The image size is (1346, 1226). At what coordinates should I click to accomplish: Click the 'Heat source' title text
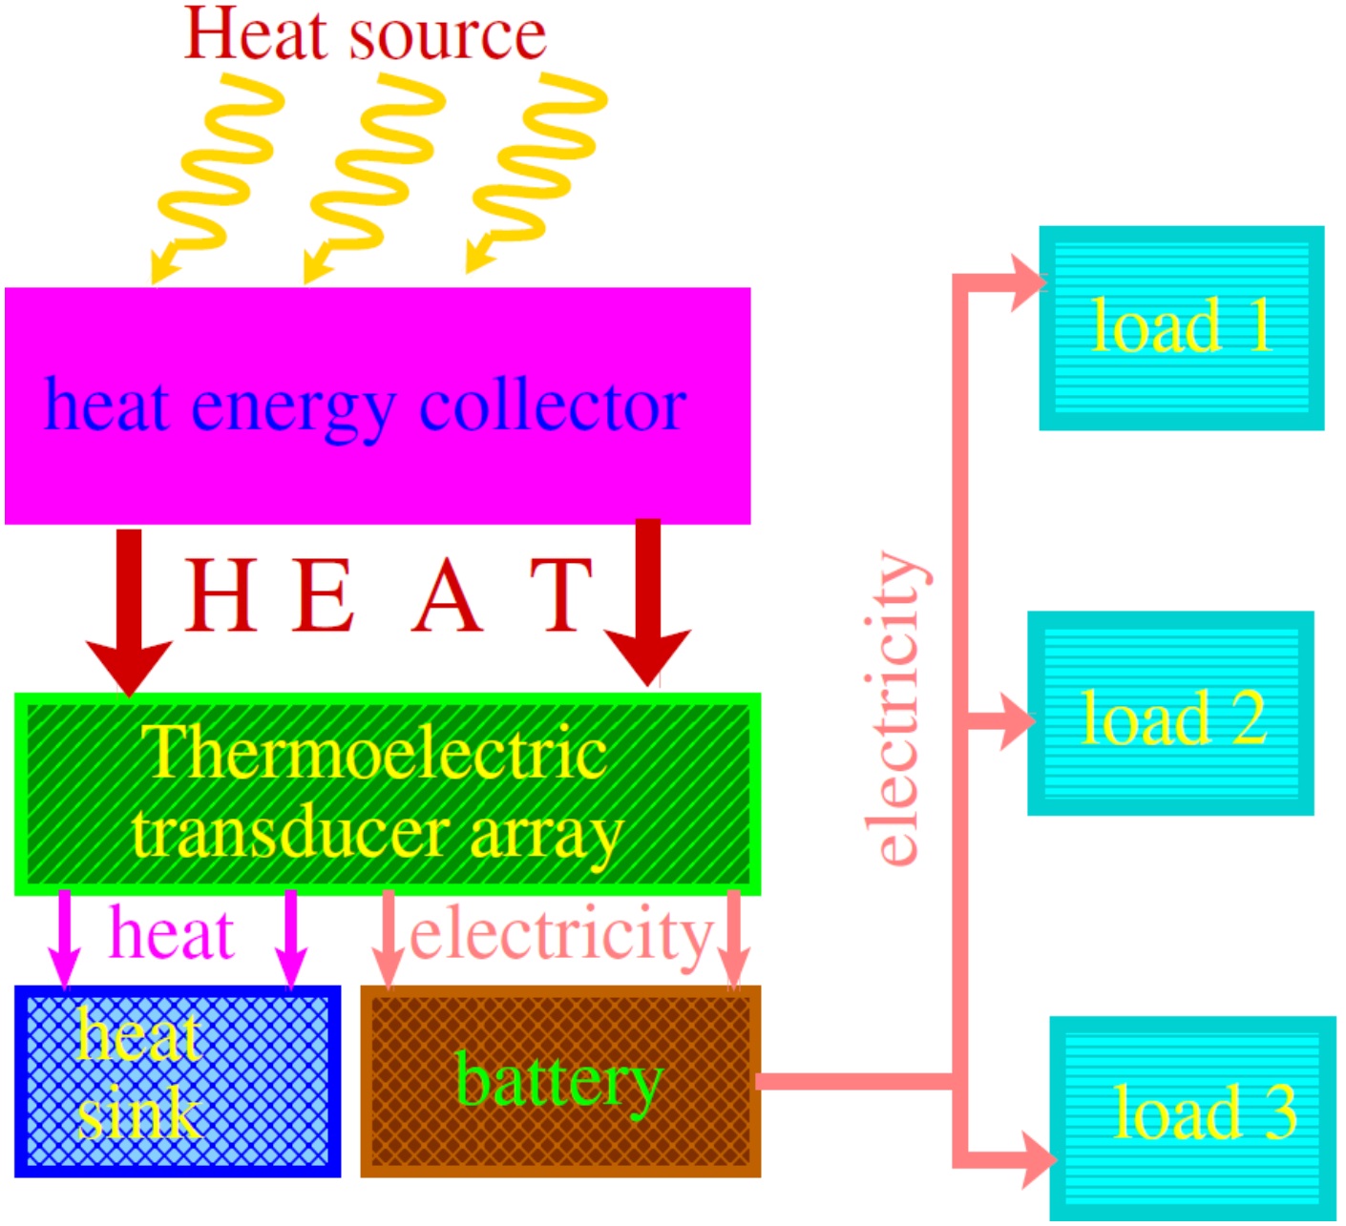point(365,35)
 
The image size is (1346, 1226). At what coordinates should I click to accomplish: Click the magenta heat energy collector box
point(377,405)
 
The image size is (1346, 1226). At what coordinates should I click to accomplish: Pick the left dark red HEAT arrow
point(130,611)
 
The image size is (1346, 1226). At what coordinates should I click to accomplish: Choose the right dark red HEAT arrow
point(648,601)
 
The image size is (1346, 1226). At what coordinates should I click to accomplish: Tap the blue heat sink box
point(178,1081)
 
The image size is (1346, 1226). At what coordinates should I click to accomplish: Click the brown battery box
point(560,1081)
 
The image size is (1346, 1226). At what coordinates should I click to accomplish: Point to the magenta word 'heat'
point(172,933)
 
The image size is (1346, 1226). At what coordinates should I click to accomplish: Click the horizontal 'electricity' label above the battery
point(561,935)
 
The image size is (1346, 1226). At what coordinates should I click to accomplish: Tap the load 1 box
point(1181,328)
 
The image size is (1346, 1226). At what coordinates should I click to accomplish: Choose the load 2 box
point(1170,714)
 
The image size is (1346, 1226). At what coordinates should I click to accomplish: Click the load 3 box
point(1193,1116)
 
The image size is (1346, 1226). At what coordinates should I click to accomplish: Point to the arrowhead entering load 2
point(1018,720)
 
